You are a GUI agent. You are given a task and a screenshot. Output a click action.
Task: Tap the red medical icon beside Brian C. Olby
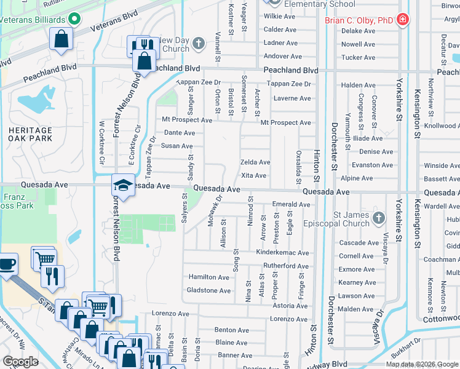click(x=403, y=20)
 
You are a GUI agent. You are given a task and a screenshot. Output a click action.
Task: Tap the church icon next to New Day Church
click(x=198, y=44)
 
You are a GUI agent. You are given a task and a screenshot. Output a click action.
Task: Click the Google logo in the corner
click(x=20, y=362)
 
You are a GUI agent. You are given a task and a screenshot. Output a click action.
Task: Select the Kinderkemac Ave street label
click(x=283, y=253)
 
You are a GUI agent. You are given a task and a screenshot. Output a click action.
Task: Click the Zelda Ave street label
click(x=255, y=162)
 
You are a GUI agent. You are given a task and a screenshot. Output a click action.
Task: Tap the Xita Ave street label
click(x=253, y=176)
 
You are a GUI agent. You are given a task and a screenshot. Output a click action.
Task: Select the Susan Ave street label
click(x=177, y=146)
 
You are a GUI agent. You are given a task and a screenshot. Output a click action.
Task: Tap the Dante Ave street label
click(x=180, y=133)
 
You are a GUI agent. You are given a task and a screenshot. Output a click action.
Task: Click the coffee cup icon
click(x=7, y=264)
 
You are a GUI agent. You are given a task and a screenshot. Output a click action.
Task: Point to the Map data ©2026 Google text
click(x=421, y=364)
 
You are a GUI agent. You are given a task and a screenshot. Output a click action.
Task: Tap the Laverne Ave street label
click(x=291, y=98)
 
